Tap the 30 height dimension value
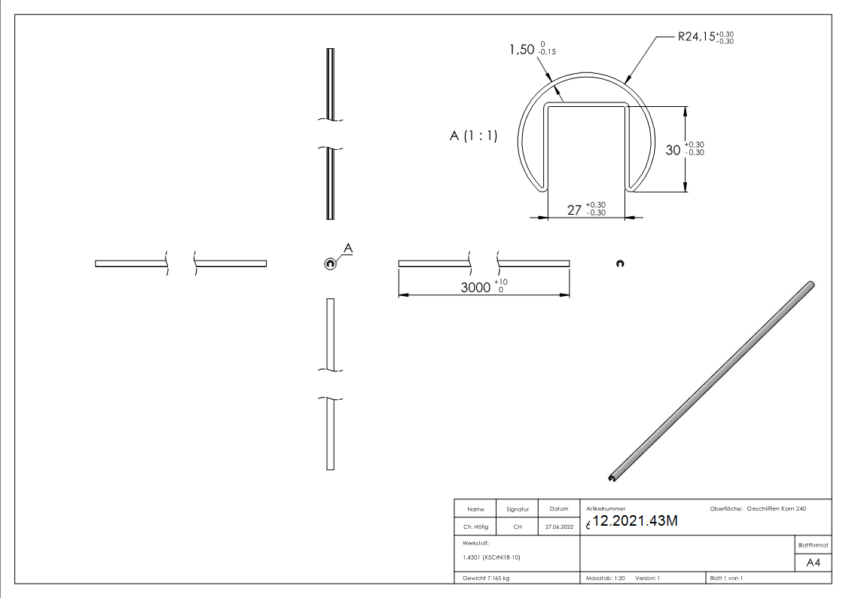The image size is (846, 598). [673, 149]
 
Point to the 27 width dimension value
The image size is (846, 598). [574, 210]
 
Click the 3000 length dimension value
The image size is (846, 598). [475, 287]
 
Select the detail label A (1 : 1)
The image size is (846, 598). [473, 136]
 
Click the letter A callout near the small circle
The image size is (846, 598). [348, 248]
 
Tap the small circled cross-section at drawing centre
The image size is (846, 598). [330, 263]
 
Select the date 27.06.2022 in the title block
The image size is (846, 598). [558, 527]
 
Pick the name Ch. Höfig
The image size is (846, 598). [475, 527]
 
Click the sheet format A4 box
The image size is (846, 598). [814, 563]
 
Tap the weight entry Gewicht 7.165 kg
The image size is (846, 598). [487, 578]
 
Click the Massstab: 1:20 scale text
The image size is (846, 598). [606, 578]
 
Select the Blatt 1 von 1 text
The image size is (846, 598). [726, 578]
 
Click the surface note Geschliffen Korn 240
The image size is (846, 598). [777, 509]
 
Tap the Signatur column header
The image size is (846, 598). [518, 509]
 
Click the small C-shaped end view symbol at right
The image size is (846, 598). [619, 263]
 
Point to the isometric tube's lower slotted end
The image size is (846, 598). [611, 477]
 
